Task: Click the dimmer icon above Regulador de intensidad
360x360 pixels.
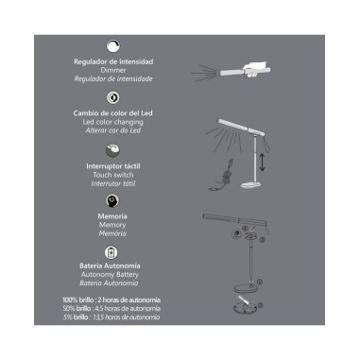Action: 112,44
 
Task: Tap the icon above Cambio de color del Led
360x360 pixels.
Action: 112,97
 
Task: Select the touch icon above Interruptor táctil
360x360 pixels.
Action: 112,149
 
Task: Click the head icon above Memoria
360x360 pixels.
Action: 112,200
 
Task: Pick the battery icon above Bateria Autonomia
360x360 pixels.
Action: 112,252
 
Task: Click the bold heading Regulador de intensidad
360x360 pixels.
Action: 112,61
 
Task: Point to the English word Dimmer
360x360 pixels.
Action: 112,70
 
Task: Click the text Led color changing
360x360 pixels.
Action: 112,122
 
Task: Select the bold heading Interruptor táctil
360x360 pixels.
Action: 112,165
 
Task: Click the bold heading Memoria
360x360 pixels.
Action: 112,216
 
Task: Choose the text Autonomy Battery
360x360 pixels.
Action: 112,276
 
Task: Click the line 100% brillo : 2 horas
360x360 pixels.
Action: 112,300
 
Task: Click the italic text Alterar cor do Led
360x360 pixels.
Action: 112,130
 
